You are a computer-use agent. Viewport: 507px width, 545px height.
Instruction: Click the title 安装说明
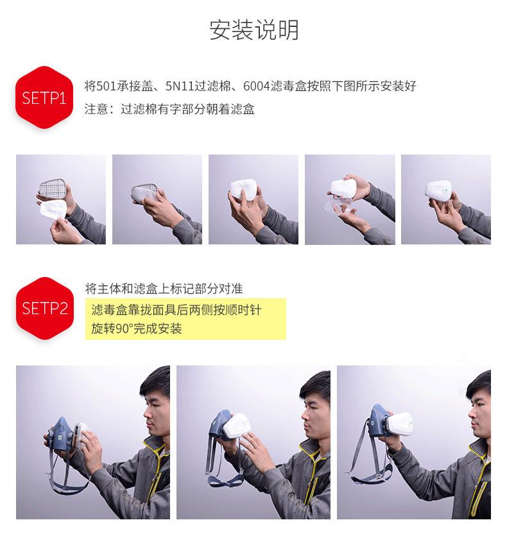point(254,30)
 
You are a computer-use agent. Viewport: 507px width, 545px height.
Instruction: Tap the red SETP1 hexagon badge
point(44,97)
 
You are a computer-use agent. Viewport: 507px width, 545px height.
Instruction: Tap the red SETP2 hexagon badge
point(45,308)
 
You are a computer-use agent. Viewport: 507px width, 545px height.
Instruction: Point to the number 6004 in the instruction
point(257,86)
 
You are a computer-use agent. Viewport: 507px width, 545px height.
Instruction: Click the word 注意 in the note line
point(96,109)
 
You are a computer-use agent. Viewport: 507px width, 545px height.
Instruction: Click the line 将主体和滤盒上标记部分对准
point(164,289)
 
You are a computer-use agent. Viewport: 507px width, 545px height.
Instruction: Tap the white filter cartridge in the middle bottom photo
point(237,426)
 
